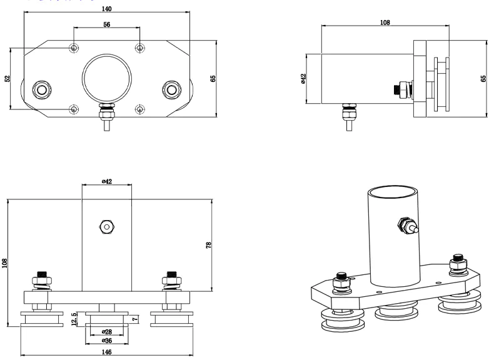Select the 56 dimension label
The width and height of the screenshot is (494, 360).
tap(106, 24)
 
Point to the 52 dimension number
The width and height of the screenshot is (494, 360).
tap(8, 79)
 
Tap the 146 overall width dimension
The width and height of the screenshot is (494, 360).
tap(106, 352)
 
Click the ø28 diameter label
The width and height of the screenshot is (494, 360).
tap(106, 332)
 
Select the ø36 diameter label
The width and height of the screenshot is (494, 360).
tap(106, 341)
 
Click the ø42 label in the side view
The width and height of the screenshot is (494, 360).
tap(303, 79)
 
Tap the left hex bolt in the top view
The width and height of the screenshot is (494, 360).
tap(42, 89)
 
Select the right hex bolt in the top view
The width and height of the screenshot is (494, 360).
tap(171, 89)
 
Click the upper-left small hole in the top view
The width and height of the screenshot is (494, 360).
tap(74, 48)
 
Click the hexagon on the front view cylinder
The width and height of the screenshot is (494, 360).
tap(106, 226)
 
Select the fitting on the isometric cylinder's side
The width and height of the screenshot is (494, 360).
tap(408, 226)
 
